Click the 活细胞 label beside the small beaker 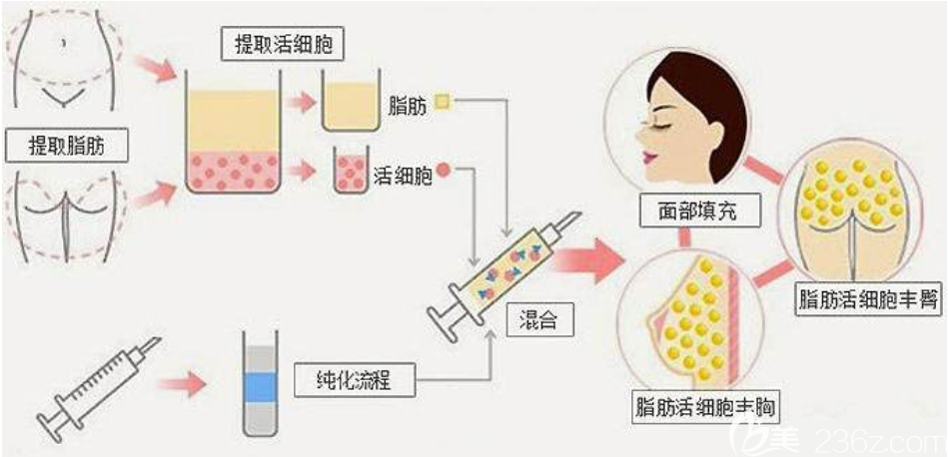[x=402, y=176]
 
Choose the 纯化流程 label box [x=355, y=381]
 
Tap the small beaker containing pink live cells [x=351, y=171]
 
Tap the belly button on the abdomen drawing [x=62, y=43]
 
